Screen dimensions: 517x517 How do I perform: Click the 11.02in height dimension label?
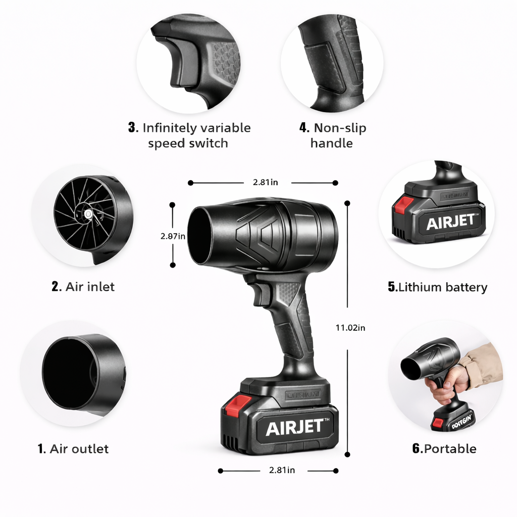click(x=350, y=328)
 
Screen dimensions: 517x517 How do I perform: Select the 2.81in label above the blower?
click(x=265, y=183)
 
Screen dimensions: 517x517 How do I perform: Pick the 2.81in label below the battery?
click(x=282, y=470)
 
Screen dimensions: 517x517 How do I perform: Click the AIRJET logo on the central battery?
click(x=294, y=427)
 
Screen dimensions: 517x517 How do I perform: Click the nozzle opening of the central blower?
click(x=200, y=236)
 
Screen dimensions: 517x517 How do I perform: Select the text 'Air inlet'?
click(x=90, y=287)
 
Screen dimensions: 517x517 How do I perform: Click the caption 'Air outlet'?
click(x=79, y=449)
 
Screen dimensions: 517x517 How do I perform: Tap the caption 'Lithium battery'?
click(x=443, y=288)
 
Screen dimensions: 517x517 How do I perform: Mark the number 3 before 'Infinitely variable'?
click(x=133, y=128)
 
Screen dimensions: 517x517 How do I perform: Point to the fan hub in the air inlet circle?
click(x=88, y=215)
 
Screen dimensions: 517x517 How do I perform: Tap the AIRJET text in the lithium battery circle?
click(x=450, y=222)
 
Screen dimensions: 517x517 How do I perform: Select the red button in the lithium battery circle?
click(x=404, y=204)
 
